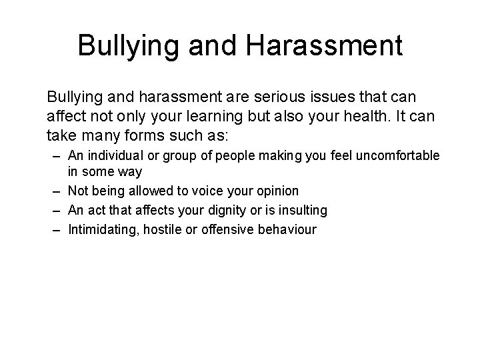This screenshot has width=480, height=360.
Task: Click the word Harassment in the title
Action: pos(324,46)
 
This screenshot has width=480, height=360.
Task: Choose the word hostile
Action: pos(157,229)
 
